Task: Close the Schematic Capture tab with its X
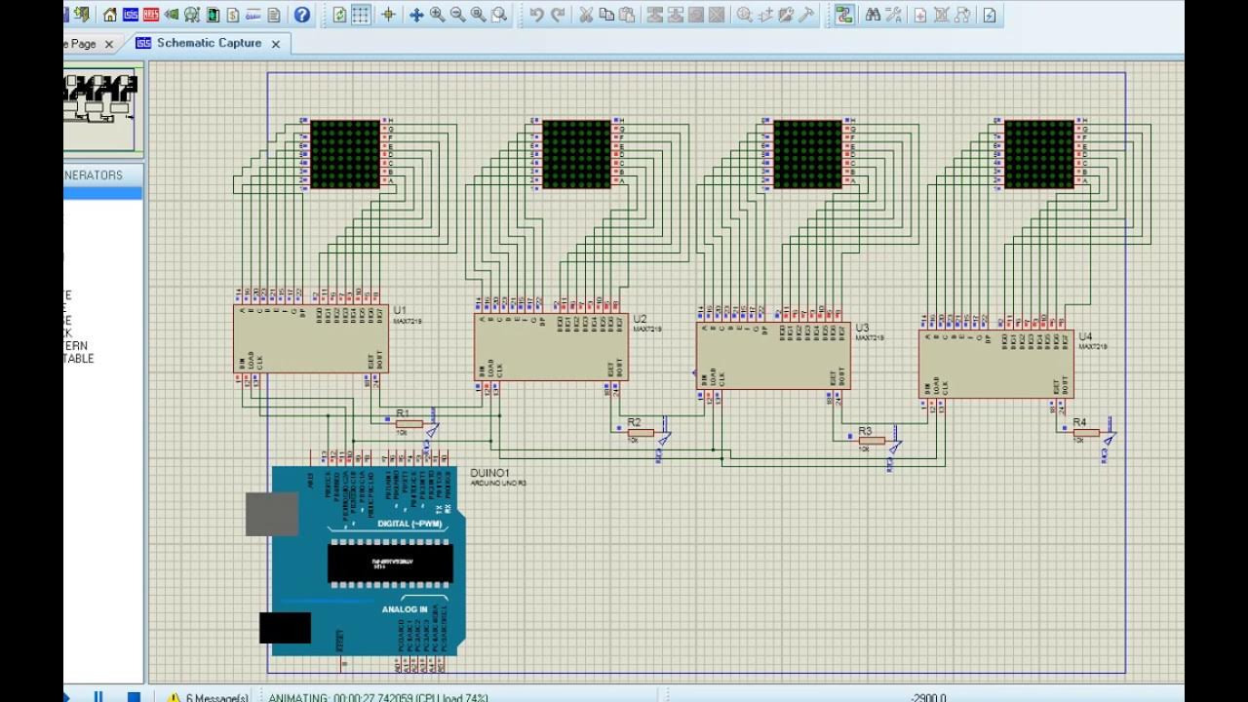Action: coord(276,44)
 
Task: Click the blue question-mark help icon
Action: coord(302,15)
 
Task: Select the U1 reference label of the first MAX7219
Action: coord(400,310)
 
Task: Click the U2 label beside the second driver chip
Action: coord(640,319)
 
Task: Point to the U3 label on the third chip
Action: coord(862,329)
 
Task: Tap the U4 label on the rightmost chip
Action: coord(1085,336)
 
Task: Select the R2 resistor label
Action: coord(634,422)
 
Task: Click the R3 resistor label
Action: coord(865,430)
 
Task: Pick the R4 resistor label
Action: coord(1079,422)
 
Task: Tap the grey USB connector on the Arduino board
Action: coord(272,514)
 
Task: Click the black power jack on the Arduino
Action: coord(285,627)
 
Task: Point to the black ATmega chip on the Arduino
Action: coord(388,563)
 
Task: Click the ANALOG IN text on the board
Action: coord(404,609)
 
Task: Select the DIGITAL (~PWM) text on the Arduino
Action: coord(409,525)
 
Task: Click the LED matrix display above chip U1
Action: coord(344,154)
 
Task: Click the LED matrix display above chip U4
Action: coord(1038,154)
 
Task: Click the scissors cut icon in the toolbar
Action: coord(586,15)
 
